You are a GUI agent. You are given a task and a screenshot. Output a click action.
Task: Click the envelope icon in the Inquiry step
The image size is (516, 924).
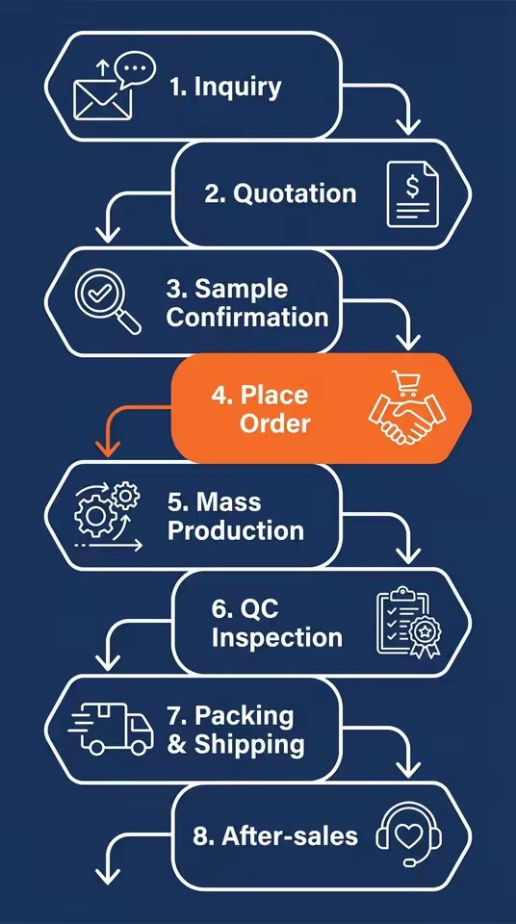[x=101, y=99]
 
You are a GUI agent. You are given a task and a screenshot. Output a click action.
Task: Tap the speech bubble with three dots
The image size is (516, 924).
[x=135, y=68]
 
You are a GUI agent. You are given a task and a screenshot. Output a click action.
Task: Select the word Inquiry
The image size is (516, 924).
[x=238, y=88]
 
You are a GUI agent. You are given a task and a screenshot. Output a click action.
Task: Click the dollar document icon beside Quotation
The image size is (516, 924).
[x=413, y=194]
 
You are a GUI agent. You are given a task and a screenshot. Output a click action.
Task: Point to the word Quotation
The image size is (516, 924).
[x=295, y=193]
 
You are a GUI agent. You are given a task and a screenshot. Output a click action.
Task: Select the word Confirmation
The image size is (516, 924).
[x=247, y=317]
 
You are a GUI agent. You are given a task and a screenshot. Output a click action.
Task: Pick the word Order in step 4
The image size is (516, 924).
[x=274, y=423]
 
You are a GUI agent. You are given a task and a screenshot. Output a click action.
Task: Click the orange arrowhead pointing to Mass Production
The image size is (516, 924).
[x=107, y=449]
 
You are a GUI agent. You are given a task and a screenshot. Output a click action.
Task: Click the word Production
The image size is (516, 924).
[x=236, y=530]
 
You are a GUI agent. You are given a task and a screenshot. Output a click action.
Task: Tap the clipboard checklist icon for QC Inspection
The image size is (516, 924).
[x=409, y=622]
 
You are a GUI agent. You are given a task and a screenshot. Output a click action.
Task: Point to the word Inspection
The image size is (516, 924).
[x=277, y=637]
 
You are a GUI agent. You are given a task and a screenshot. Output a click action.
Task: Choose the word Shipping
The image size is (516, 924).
[x=249, y=744]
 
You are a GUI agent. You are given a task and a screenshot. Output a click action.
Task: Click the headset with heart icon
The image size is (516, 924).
[x=409, y=834]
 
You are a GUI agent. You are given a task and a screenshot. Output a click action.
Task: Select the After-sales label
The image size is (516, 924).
[x=275, y=836]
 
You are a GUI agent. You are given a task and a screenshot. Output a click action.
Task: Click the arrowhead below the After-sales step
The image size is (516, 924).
[x=107, y=875]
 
